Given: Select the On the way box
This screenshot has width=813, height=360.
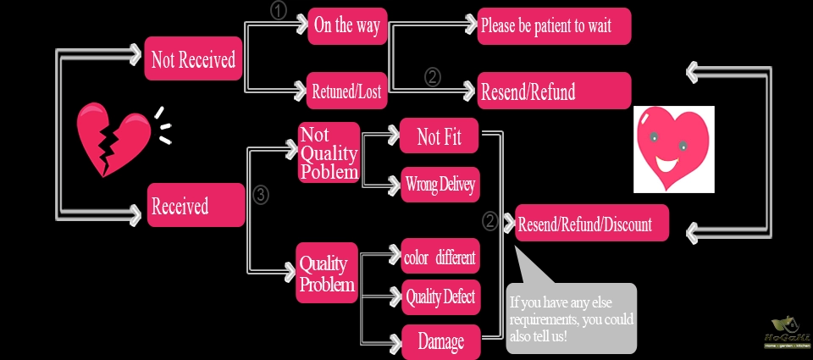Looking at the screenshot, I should (347, 26).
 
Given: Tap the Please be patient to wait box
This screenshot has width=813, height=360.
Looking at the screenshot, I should (554, 26).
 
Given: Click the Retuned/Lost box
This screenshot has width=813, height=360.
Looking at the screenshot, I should (347, 91).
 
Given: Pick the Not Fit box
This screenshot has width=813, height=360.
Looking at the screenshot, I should (440, 137).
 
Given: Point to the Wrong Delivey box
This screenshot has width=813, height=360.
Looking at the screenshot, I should (440, 183).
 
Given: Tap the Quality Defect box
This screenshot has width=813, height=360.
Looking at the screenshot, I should (440, 297).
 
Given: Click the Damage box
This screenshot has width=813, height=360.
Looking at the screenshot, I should (440, 341).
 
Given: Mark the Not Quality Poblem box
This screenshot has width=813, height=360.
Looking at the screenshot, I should (329, 153).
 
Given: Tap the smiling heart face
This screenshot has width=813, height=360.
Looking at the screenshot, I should (673, 148).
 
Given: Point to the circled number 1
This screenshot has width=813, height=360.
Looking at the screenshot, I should (279, 11).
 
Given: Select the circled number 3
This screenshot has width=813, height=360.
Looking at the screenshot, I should (261, 195).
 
